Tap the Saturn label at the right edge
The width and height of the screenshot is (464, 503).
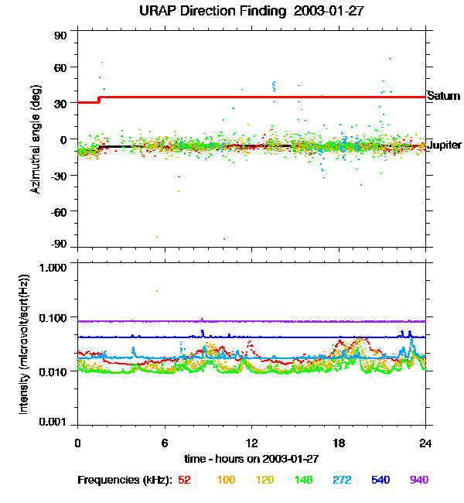pos(443,97)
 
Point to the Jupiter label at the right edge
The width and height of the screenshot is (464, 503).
pos(445,145)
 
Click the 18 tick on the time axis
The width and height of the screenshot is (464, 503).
pos(338,443)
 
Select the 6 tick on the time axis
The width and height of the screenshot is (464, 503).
pos(164,443)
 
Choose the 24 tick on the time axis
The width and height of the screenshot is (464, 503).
pos(425,443)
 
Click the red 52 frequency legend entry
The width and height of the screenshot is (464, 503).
pos(184,480)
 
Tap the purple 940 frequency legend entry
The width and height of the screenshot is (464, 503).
pos(418,480)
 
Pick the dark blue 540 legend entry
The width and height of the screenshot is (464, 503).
pos(380,480)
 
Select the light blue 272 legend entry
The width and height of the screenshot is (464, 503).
pos(340,480)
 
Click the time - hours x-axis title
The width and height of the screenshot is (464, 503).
pos(251,458)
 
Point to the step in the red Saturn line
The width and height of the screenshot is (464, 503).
pos(98,99)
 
